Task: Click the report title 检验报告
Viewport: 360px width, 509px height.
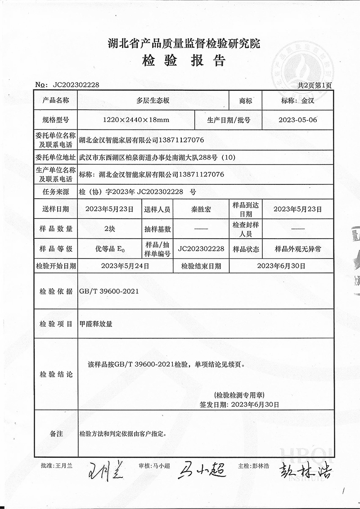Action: [x=184, y=61]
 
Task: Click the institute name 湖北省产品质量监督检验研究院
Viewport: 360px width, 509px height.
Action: [x=184, y=44]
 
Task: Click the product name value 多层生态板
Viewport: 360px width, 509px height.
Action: [x=153, y=101]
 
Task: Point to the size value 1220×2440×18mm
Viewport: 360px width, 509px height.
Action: [x=136, y=120]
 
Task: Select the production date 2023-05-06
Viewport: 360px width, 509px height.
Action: [x=297, y=120]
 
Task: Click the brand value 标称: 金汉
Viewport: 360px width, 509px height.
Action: [x=297, y=101]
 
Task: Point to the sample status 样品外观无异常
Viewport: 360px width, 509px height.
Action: [x=297, y=249]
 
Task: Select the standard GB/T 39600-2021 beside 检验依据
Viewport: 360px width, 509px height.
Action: [x=108, y=291]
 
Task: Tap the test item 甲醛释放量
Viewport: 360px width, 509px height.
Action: [x=95, y=323]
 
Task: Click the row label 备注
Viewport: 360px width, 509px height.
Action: [x=56, y=434]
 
